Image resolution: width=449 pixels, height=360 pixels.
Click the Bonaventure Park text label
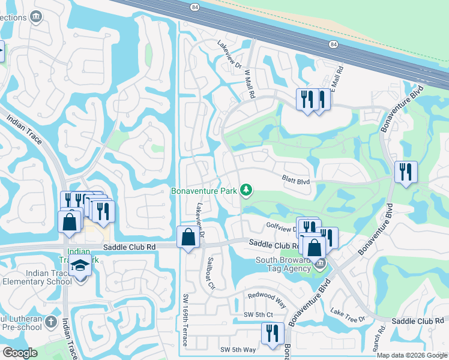coord(203,191)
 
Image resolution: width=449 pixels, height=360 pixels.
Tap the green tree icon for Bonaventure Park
coord(246,190)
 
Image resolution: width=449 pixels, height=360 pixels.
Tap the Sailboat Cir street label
coord(211,274)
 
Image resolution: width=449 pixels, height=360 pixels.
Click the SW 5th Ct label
coord(258,315)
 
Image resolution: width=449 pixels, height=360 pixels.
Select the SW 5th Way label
coord(238,350)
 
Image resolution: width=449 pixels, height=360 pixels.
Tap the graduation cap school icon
coord(79,265)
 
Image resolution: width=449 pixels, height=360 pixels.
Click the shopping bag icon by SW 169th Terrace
coord(188,237)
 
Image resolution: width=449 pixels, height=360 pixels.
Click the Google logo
coord(20,353)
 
